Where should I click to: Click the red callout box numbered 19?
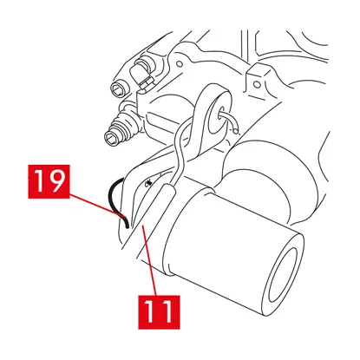pos(49,181)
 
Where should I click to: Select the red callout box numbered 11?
pos(159,312)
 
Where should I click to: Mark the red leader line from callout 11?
pos(150,261)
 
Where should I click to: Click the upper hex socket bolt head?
pos(119,87)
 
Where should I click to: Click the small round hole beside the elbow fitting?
pos(180,63)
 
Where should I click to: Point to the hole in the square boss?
pos(257,84)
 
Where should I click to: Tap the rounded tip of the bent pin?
pos(236,132)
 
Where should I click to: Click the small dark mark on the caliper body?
pos(149,183)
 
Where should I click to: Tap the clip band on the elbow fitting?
pos(147,83)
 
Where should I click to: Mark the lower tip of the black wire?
pos(127,226)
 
